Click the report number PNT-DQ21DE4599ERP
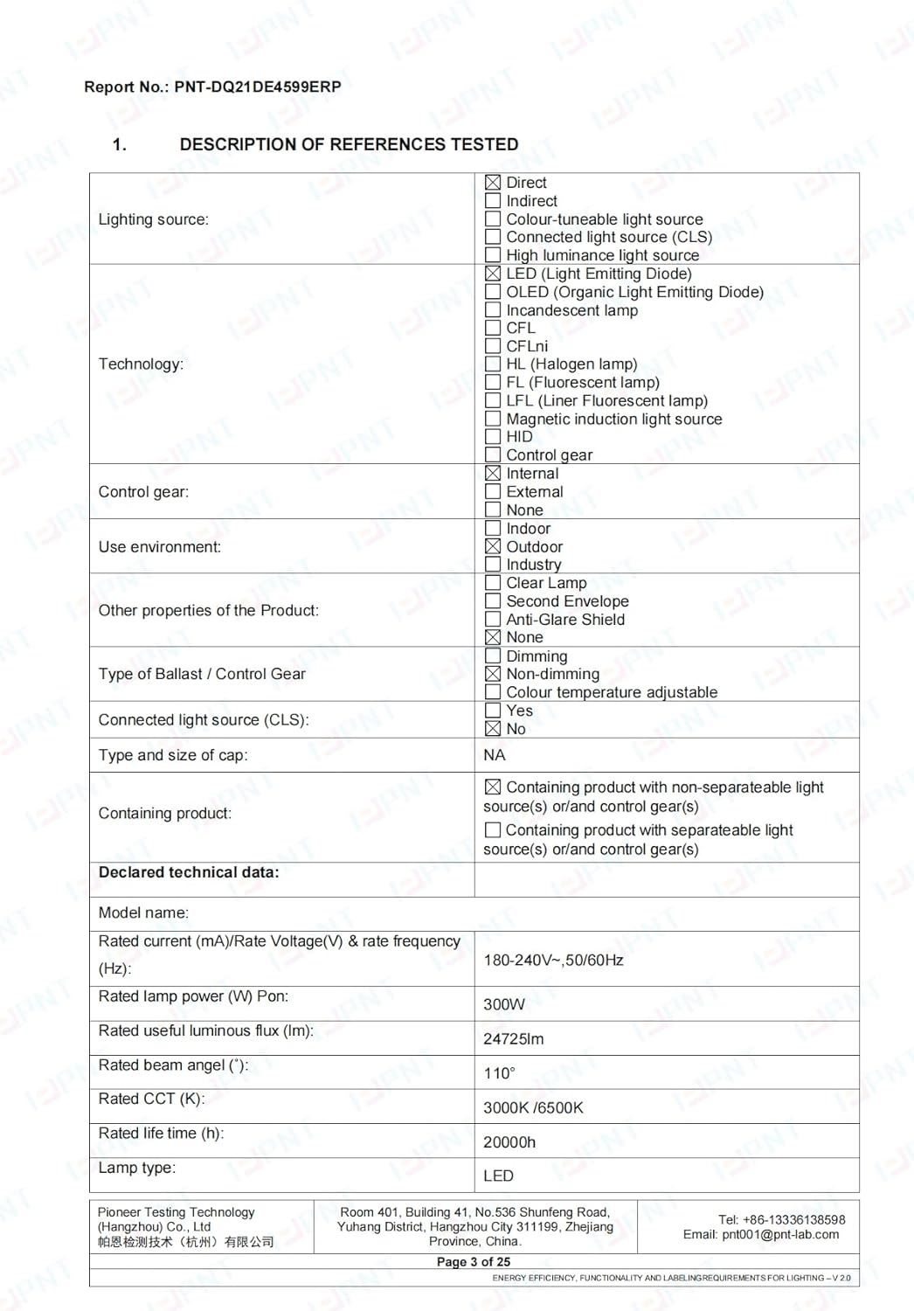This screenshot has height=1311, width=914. click(x=258, y=87)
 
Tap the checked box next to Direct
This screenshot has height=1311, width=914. click(x=493, y=183)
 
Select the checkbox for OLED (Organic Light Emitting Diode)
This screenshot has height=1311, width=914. click(x=493, y=292)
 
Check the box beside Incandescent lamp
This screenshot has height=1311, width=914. click(x=493, y=310)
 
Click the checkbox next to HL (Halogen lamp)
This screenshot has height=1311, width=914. click(x=493, y=364)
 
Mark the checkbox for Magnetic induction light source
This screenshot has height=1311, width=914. click(x=493, y=419)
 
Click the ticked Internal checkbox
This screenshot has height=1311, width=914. click(x=493, y=474)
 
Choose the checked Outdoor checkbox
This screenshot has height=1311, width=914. click(x=493, y=547)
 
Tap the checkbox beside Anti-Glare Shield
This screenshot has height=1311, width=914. click(x=493, y=620)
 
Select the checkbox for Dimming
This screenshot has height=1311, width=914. click(x=493, y=656)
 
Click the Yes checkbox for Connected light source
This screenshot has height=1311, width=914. click(x=493, y=711)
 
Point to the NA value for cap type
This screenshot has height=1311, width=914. click(x=495, y=755)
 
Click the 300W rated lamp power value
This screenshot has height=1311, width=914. click(x=504, y=1004)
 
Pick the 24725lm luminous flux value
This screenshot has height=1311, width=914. click(x=514, y=1039)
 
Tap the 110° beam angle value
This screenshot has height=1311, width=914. click(x=500, y=1073)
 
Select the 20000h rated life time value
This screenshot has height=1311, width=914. click(x=509, y=1142)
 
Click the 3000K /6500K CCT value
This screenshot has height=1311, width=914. click(x=533, y=1108)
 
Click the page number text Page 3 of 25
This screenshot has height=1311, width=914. click(x=474, y=1262)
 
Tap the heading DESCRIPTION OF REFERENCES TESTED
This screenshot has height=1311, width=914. click(x=349, y=144)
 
